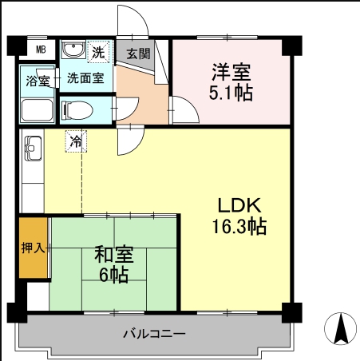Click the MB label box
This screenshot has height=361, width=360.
[x=39, y=50]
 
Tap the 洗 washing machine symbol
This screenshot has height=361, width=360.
[x=98, y=53]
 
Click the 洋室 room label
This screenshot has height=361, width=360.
[x=231, y=71]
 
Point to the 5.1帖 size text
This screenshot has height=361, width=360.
[x=231, y=93]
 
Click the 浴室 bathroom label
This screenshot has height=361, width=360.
[x=38, y=81]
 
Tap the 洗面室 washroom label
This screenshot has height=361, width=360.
[x=85, y=78]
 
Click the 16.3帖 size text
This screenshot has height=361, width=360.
[x=238, y=226]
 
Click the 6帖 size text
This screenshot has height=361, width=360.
[x=114, y=276]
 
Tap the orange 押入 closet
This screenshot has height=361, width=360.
[x=33, y=248]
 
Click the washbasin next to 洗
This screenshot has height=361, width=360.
[x=74, y=51]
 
